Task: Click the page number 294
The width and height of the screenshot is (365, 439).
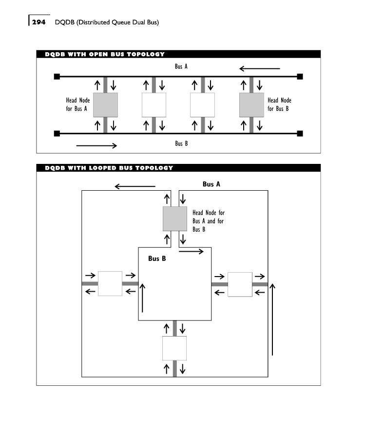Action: [x=38, y=22]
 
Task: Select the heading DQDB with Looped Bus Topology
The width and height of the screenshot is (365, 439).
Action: [x=109, y=168]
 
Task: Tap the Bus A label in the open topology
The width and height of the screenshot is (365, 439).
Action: [x=181, y=66]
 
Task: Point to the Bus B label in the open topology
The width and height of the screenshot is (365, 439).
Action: [x=181, y=143]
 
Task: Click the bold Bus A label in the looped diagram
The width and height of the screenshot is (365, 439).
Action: [x=211, y=184]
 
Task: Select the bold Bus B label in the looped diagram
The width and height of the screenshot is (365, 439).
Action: [x=157, y=259]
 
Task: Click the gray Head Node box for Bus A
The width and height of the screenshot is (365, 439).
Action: [x=105, y=105]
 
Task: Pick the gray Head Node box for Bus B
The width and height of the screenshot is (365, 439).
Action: [x=251, y=105]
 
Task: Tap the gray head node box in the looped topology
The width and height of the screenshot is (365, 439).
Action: [x=174, y=219]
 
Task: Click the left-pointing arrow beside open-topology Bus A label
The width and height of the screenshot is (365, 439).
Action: [x=260, y=69]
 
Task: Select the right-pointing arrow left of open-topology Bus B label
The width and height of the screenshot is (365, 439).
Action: [x=97, y=145]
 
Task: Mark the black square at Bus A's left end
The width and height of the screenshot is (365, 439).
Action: [x=57, y=77]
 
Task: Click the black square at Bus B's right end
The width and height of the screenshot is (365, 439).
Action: [x=300, y=133]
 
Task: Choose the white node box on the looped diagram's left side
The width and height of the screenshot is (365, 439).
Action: [x=110, y=283]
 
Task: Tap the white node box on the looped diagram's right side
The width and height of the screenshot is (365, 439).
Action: [x=240, y=284]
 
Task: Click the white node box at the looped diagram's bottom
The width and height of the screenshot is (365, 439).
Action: [x=174, y=348]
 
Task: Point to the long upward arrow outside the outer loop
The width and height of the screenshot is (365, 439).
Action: [x=273, y=319]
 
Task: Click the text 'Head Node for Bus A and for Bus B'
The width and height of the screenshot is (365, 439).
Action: [x=208, y=221]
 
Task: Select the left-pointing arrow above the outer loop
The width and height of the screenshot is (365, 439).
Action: [x=134, y=186]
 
